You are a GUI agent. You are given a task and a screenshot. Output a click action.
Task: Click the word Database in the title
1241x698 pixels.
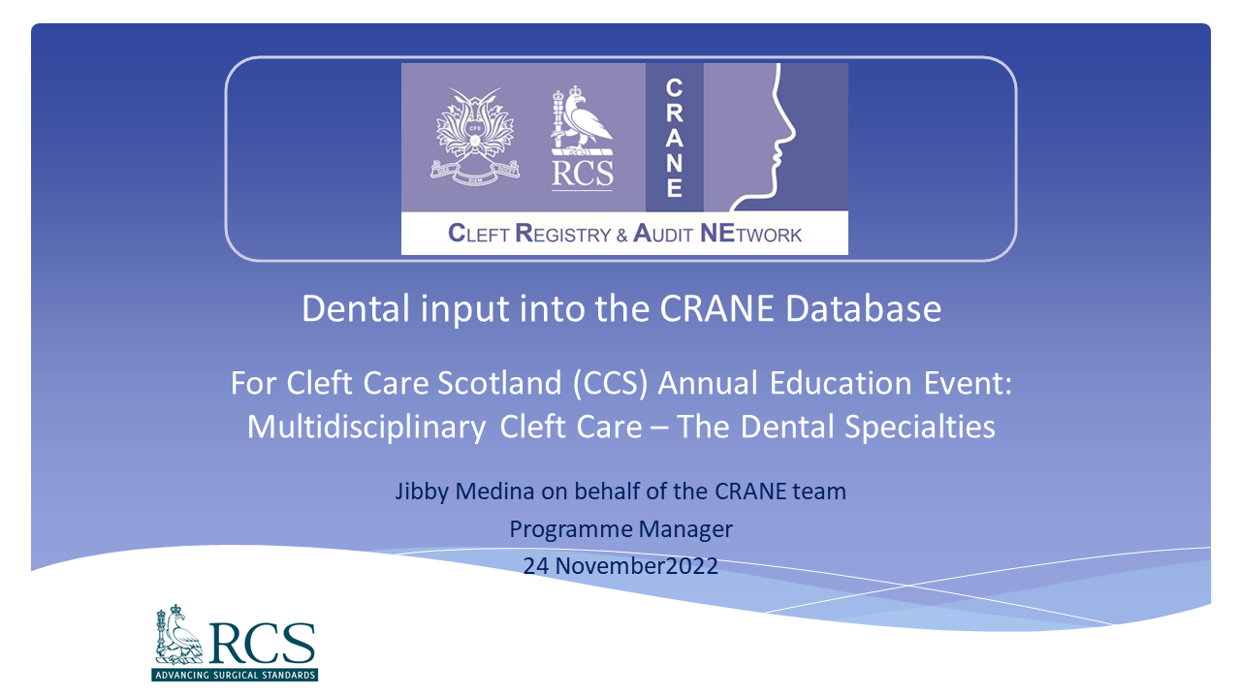point(863,308)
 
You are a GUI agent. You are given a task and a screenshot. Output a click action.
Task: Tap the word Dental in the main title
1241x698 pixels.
point(355,308)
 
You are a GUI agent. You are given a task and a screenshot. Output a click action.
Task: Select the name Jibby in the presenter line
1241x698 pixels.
point(421,492)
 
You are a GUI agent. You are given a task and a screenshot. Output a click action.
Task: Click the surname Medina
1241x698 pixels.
point(494,492)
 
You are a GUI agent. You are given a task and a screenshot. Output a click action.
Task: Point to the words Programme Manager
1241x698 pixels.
point(620,529)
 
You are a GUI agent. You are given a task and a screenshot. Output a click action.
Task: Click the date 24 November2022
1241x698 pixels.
point(620,565)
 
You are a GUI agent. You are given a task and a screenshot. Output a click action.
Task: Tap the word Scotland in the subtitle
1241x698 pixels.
point(499,383)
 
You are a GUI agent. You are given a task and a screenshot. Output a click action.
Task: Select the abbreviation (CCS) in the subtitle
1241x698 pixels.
point(610,383)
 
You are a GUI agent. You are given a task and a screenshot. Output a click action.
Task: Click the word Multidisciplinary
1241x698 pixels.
point(366,428)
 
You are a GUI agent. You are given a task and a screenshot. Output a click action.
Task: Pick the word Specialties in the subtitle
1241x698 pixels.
point(920,428)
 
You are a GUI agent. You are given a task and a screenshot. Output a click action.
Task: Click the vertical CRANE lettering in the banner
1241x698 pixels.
point(674,138)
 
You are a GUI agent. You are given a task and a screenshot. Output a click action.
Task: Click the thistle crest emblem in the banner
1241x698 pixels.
point(475,137)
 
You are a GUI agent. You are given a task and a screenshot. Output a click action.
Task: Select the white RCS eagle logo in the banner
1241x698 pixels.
point(583,138)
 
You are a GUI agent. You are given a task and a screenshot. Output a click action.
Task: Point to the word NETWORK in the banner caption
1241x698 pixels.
point(750,234)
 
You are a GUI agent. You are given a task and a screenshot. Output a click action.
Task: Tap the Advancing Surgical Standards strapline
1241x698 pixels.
point(235,676)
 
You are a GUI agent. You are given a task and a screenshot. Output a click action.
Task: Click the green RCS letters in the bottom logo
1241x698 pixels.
point(263,643)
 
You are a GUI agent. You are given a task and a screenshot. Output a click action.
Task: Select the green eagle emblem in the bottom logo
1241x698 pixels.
point(178,635)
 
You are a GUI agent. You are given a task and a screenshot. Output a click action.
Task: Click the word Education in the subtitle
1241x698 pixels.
point(841,383)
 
